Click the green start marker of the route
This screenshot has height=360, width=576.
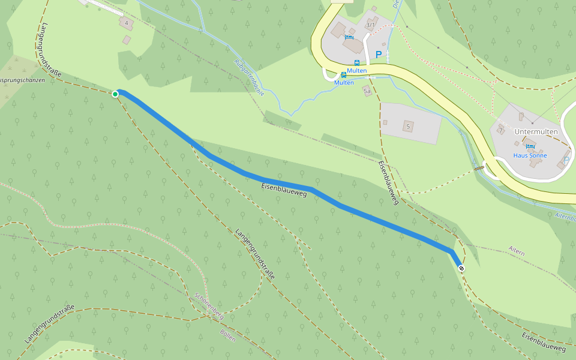tap(115, 94)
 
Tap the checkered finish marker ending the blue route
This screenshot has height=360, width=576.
tap(461, 268)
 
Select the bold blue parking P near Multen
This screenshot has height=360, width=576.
tap(379, 55)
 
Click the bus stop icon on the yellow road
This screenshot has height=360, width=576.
tap(357, 62)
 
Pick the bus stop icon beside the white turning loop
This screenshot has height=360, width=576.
tap(343, 75)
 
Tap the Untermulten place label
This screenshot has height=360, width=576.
tap(536, 131)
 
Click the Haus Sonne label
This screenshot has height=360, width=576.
tap(530, 155)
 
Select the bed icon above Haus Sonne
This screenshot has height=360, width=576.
tap(530, 146)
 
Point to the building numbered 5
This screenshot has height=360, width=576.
tap(408, 126)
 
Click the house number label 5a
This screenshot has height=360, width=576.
tap(367, 91)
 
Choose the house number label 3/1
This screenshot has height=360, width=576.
tap(370, 25)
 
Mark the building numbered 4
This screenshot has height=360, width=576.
tap(127, 23)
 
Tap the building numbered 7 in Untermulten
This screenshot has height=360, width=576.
tap(500, 130)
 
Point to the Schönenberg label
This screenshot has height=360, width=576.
tap(209, 305)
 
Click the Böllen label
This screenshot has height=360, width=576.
tap(228, 335)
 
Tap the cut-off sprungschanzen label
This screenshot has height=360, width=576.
tap(23, 80)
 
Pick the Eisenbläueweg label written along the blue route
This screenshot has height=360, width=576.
tap(284, 190)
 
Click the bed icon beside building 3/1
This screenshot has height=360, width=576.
tap(349, 37)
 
